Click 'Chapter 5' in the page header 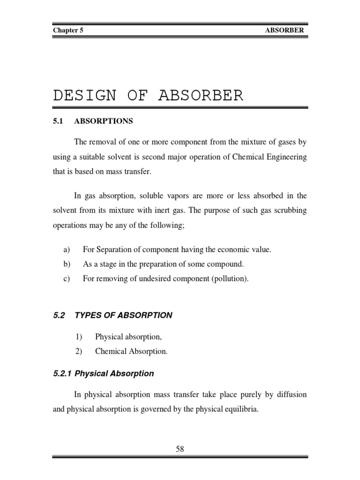(68, 30)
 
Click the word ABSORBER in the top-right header (285, 30)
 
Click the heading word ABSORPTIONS (104, 121)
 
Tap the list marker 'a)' (67, 250)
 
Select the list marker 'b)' (67, 264)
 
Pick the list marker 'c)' (67, 279)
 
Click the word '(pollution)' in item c (230, 279)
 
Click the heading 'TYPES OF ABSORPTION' (123, 315)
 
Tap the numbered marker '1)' (80, 337)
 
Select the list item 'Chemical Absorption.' (131, 351)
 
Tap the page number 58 (180, 449)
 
